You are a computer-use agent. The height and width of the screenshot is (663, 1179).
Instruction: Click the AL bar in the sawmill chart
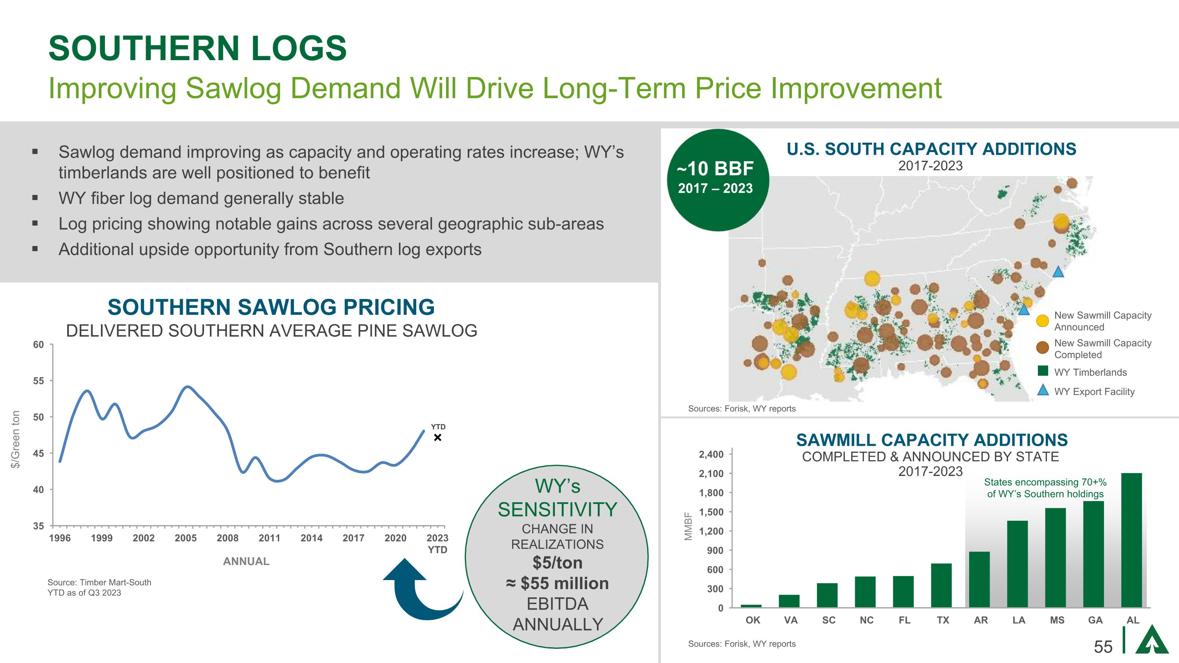pos(1131,540)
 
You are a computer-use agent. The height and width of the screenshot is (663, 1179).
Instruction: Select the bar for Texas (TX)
pos(942,585)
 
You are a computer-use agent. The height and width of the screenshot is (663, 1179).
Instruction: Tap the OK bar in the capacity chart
pos(751,606)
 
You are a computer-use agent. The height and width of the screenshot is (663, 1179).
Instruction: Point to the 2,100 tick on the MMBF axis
pos(711,474)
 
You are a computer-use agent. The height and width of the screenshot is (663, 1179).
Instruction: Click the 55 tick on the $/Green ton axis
pos(39,381)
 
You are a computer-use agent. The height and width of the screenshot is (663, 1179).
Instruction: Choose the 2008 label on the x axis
pos(228,538)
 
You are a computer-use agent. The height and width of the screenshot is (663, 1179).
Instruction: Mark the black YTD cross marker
pos(437,438)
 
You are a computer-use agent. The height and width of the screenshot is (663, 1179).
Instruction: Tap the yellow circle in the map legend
pos(1043,321)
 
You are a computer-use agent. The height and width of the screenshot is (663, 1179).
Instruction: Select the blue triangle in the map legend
pos(1043,390)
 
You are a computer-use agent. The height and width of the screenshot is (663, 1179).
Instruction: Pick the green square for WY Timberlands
pos(1043,371)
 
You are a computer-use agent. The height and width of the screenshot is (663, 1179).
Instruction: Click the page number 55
pos(1103,646)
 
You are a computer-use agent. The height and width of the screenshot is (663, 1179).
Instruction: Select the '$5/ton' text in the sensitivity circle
pos(557,562)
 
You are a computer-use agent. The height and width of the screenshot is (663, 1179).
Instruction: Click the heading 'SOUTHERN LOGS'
pos(197,48)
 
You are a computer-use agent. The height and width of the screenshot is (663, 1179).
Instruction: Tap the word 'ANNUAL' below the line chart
pos(246,562)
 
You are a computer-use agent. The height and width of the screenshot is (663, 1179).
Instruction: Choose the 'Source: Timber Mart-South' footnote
pos(99,582)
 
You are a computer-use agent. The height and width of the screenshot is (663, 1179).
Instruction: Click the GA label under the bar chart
pos(1095,620)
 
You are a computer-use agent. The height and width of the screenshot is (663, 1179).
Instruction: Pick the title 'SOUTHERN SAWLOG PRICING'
pos(271,307)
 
